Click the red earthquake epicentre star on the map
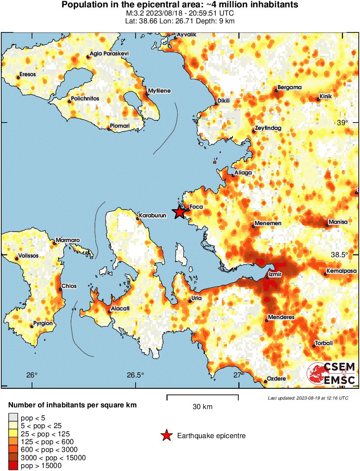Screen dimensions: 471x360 point(179,212)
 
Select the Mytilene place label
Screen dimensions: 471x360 point(159,91)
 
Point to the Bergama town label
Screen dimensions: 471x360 point(289,87)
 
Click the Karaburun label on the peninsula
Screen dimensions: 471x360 point(152,215)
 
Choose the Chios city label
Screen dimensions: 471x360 point(69,286)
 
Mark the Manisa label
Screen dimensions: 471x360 point(338,222)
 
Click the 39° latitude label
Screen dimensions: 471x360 point(342,123)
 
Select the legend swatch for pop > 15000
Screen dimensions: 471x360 point(13,465)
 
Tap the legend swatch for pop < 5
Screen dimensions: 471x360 point(13,418)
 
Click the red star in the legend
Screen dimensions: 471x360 point(166,436)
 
